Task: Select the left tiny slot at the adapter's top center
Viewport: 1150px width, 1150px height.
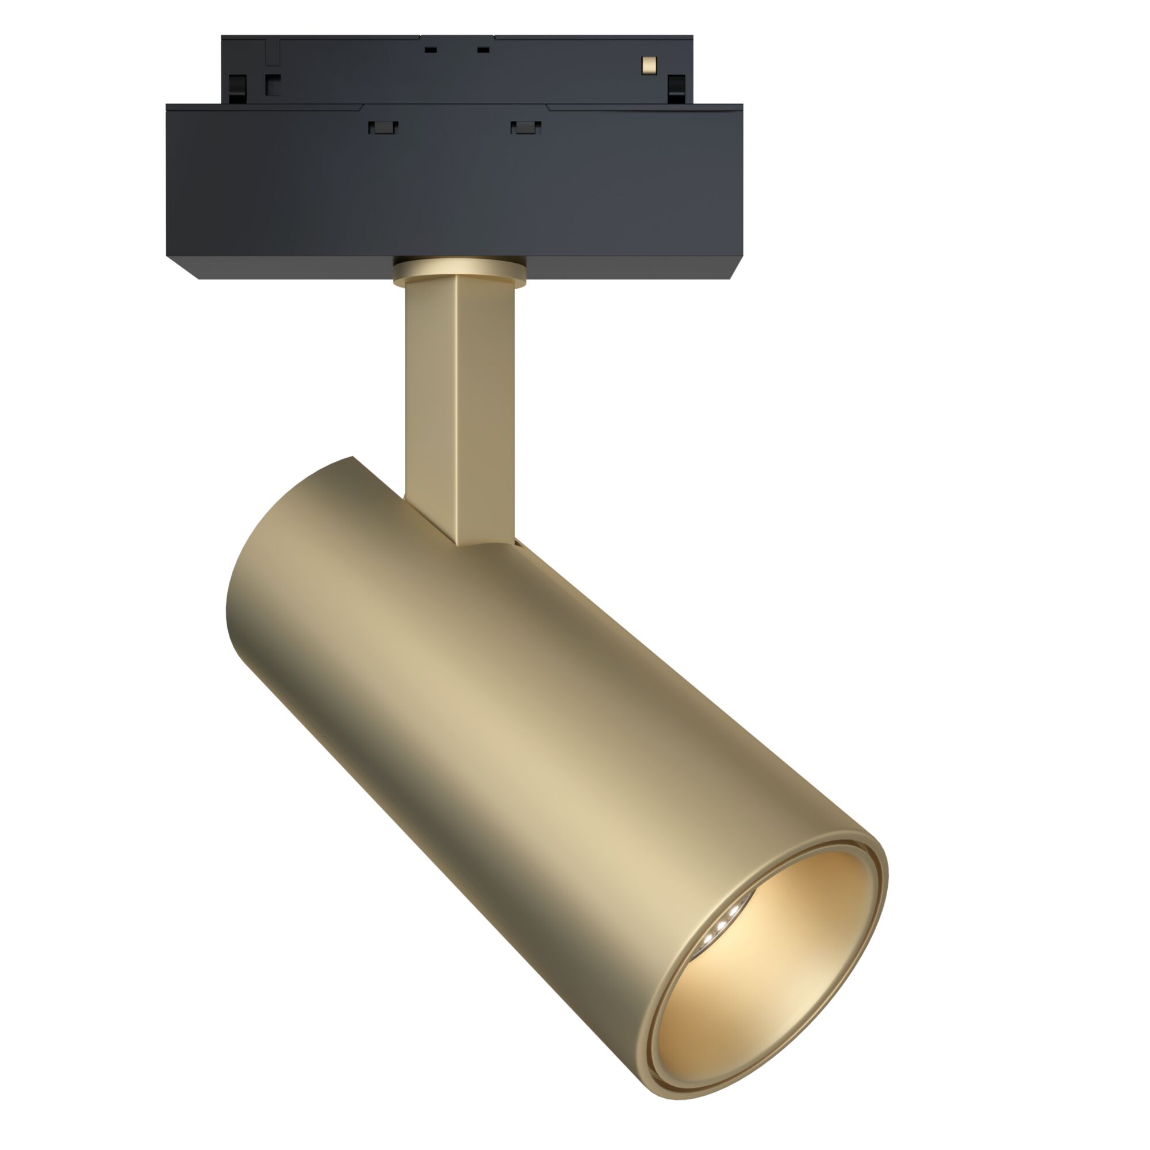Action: point(430,50)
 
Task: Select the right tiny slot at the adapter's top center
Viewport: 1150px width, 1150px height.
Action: point(484,50)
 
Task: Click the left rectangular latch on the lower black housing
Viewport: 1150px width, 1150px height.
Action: point(383,126)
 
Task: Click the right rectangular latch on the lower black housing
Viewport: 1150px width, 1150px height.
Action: point(526,126)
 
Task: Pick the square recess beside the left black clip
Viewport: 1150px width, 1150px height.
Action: point(273,85)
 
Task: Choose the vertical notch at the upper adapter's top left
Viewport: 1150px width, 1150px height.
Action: point(272,51)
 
